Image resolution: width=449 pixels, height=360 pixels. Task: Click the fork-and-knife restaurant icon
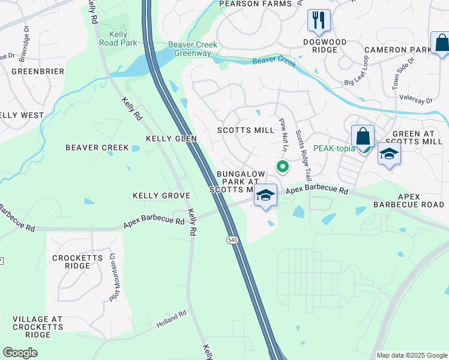pos(319,20)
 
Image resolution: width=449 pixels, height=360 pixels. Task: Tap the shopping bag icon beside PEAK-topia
pos(363,136)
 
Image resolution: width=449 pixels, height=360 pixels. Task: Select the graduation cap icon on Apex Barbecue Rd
pos(265,196)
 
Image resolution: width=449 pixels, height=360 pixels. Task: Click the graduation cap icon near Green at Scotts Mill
pos(389,154)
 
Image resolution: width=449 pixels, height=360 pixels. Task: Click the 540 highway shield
pos(232,240)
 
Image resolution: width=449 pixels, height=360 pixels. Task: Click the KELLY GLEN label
pos(171,139)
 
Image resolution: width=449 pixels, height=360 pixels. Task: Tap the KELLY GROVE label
pos(161,196)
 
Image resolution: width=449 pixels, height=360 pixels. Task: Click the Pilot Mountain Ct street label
pos(112,271)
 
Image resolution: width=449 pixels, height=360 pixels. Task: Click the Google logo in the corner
pos(20,353)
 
